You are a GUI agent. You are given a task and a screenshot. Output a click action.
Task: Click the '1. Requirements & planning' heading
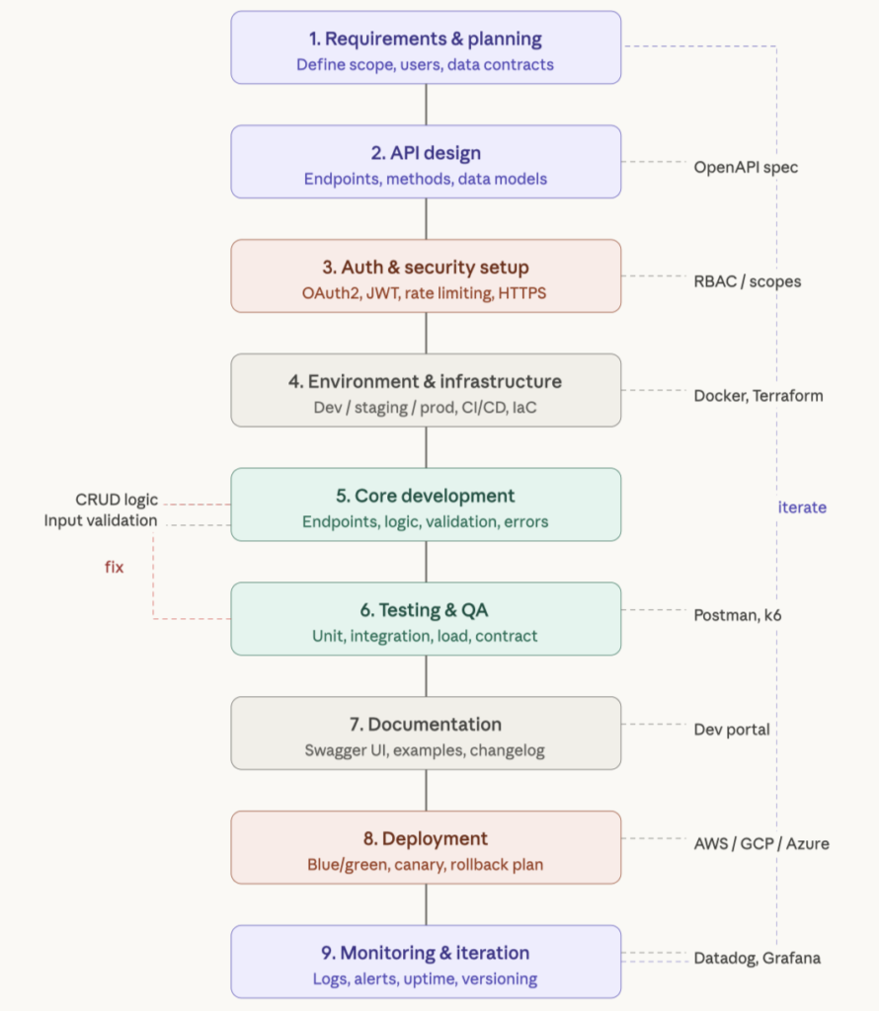[x=426, y=39]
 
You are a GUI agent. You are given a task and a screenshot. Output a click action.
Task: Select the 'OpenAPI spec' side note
[x=746, y=167]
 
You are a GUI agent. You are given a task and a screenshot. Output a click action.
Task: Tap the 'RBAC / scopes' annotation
[x=748, y=281]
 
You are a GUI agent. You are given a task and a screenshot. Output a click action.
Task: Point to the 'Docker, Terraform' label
[x=758, y=396]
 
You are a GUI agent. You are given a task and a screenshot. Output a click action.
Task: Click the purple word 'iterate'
[x=802, y=507]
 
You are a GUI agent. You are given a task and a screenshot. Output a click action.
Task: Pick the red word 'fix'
[x=115, y=568]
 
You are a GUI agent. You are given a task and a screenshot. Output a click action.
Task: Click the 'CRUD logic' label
[x=117, y=500]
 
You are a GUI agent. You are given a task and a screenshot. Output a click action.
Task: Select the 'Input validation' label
[x=101, y=520]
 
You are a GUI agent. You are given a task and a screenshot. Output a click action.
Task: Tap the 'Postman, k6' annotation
[x=738, y=615]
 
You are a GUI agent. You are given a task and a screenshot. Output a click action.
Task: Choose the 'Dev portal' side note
[x=732, y=730]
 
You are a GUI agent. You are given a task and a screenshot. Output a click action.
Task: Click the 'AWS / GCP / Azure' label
[x=761, y=844]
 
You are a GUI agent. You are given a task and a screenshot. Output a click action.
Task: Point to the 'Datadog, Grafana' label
[x=757, y=958]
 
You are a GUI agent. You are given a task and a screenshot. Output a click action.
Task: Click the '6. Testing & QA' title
[x=426, y=610]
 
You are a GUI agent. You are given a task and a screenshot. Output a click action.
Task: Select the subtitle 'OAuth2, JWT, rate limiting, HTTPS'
[x=426, y=293]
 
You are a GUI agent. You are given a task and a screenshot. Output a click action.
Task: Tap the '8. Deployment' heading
[x=426, y=839]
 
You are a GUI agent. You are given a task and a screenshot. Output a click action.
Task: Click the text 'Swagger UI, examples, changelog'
[x=426, y=750]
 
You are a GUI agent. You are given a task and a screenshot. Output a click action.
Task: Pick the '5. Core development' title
[x=426, y=496]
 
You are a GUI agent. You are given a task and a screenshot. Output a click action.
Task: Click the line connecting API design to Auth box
[x=426, y=218]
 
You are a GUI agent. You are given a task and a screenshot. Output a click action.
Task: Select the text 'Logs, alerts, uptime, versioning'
[x=426, y=979]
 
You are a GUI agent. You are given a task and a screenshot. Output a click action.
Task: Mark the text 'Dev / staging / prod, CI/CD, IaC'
[x=426, y=408]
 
